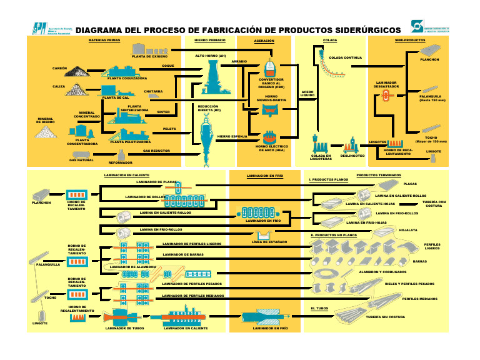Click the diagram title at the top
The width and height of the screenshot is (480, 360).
238,29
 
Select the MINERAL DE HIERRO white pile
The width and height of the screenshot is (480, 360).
45,132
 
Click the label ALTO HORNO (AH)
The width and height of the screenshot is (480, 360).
210,56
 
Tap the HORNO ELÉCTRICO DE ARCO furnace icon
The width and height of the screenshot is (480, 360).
270,136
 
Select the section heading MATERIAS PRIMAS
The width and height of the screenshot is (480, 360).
104,39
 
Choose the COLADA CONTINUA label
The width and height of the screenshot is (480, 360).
346,57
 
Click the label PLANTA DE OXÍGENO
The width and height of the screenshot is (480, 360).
149,56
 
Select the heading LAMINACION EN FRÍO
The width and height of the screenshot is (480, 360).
266,176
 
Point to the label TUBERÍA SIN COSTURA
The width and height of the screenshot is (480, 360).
386,317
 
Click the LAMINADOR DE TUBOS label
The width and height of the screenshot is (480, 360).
125,327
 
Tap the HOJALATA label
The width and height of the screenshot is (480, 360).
407,229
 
